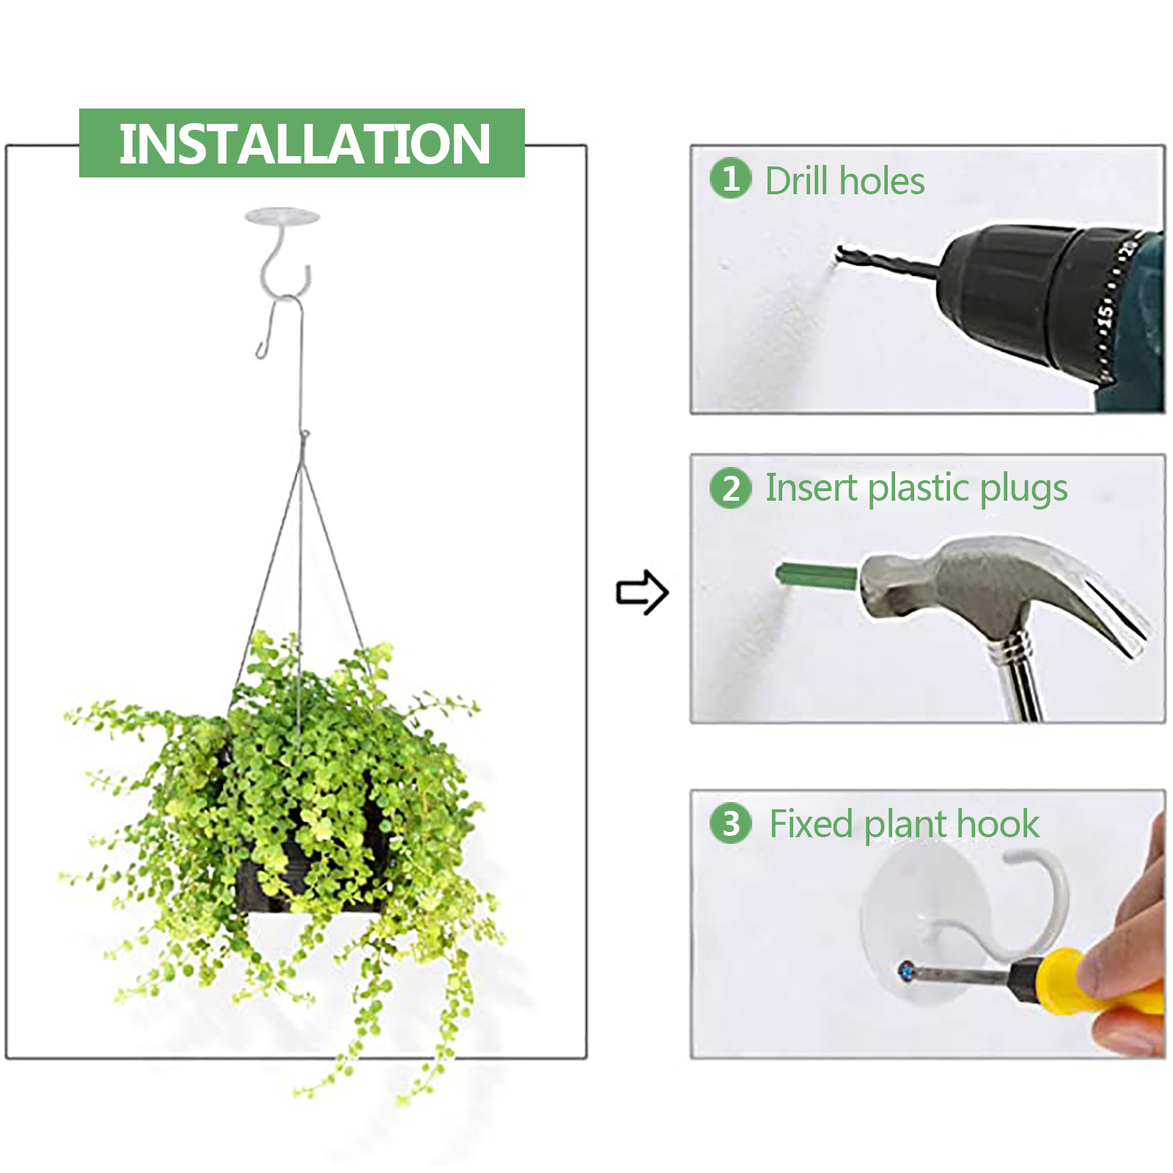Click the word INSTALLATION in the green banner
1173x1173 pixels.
coord(304,144)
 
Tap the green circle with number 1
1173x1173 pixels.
coord(730,178)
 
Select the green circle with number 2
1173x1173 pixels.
coord(730,488)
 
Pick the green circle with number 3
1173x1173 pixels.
coord(730,823)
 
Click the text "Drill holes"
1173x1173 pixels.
coord(845,180)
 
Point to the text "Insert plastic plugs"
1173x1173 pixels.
coord(916,489)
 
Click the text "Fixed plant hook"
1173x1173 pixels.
coord(904,824)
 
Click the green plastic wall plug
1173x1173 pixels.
coord(816,576)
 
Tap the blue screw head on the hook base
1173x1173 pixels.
coord(906,971)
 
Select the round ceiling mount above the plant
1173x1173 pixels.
coord(282,216)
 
